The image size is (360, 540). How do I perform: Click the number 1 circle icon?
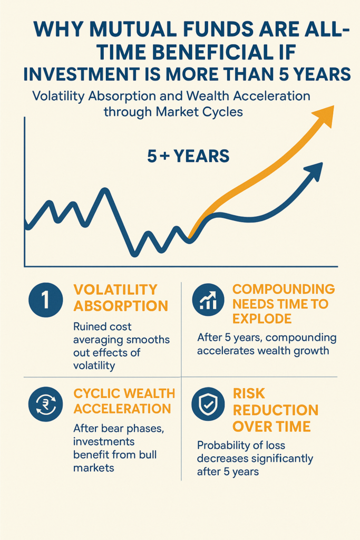tap(46, 300)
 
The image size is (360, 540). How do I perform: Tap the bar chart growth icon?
tap(208, 300)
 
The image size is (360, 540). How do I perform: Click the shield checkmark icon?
tap(208, 403)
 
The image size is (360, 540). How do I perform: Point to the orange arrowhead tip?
tap(334, 106)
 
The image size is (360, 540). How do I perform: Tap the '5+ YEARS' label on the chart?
tap(188, 156)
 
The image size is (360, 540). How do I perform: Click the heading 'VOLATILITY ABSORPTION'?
tap(121, 297)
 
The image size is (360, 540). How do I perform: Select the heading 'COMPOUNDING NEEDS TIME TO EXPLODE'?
tap(284, 304)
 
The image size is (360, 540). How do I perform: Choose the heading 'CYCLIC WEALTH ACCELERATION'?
tap(124, 401)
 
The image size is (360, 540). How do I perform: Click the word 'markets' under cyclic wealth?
tap(93, 468)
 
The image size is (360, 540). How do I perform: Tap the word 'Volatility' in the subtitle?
tap(58, 96)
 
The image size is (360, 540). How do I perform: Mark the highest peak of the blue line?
tap(105, 190)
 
